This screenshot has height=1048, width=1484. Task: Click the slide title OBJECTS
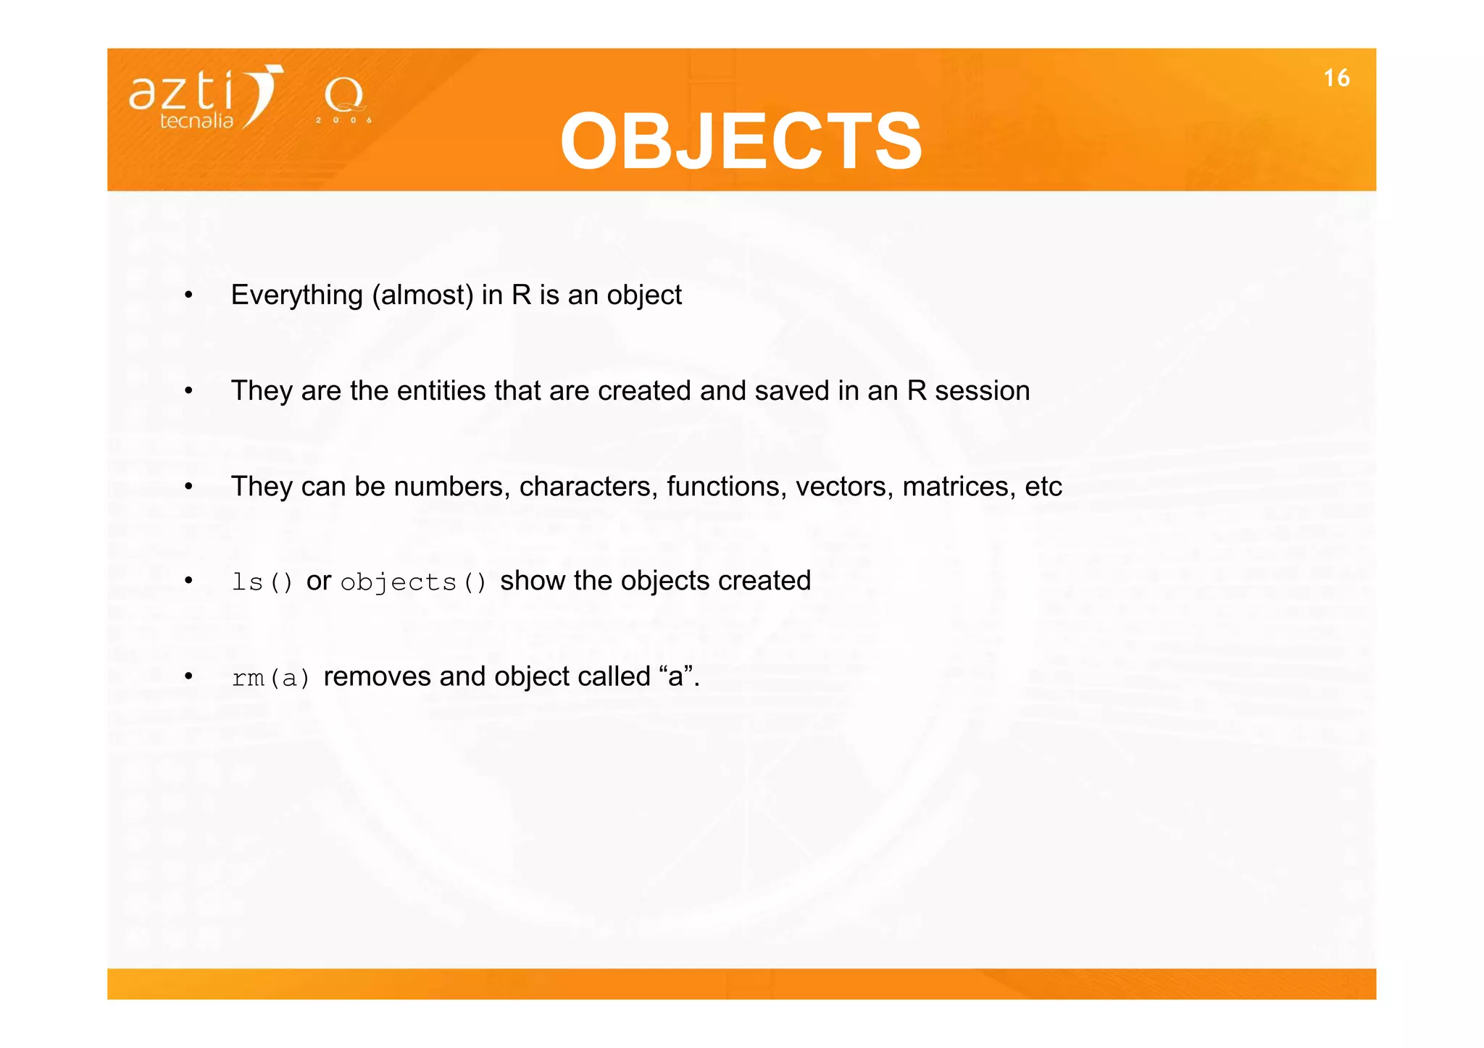[x=741, y=141]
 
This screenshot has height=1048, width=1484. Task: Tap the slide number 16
[x=1336, y=78]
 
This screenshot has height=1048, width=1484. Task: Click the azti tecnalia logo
[x=206, y=98]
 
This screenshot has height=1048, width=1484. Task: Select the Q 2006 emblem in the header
[x=344, y=100]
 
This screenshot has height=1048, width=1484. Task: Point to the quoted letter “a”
[x=676, y=676]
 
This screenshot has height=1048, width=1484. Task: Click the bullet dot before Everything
[x=188, y=295]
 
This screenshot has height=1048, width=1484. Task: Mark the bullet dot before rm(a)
[x=188, y=676]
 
